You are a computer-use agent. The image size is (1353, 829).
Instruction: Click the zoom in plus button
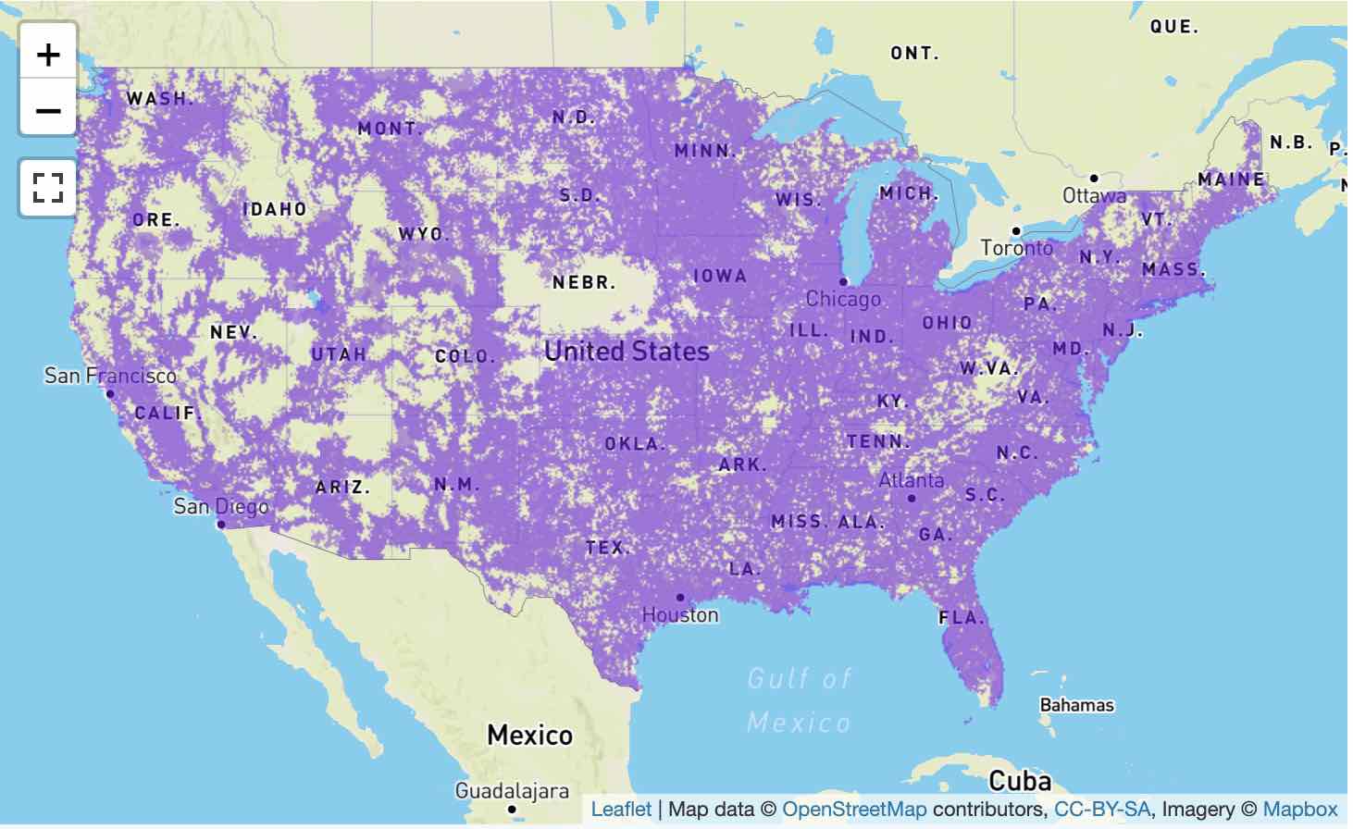pyautogui.click(x=48, y=56)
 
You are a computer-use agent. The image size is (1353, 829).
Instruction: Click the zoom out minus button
pyautogui.click(x=48, y=111)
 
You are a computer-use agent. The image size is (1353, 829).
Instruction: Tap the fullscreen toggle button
pyautogui.click(x=48, y=188)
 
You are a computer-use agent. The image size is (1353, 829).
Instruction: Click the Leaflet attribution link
pyautogui.click(x=621, y=810)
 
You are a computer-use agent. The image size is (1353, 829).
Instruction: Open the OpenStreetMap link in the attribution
pyautogui.click(x=853, y=810)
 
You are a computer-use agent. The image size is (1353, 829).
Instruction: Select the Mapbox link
pyautogui.click(x=1299, y=810)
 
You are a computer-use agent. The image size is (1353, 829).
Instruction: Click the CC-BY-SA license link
pyautogui.click(x=1101, y=810)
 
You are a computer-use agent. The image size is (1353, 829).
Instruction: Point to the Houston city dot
pyautogui.click(x=680, y=598)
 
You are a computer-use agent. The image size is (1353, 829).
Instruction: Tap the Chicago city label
pyautogui.click(x=843, y=299)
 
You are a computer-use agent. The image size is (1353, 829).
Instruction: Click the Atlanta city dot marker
pyautogui.click(x=912, y=499)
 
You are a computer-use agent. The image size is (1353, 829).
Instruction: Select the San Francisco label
pyautogui.click(x=110, y=376)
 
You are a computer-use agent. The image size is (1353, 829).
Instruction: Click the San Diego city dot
pyautogui.click(x=220, y=525)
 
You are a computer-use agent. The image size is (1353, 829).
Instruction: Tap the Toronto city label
pyautogui.click(x=1017, y=248)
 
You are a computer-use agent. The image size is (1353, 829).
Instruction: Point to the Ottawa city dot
pyautogui.click(x=1094, y=179)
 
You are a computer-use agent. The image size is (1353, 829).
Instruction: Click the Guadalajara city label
pyautogui.click(x=512, y=791)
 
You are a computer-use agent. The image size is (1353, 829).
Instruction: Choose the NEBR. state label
pyautogui.click(x=584, y=283)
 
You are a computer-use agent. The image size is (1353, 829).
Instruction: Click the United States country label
pyautogui.click(x=627, y=352)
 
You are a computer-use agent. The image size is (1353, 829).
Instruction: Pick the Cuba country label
pyautogui.click(x=1020, y=781)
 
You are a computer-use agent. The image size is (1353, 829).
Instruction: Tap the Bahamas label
pyautogui.click(x=1076, y=705)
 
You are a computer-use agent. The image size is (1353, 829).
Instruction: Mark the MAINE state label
pyautogui.click(x=1231, y=179)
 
